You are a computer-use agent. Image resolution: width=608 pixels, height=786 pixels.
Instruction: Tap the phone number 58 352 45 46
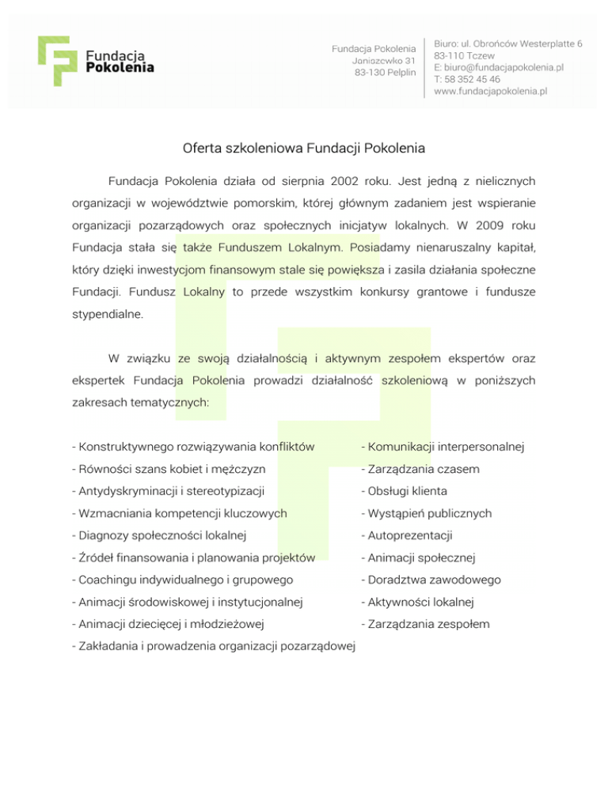(473, 79)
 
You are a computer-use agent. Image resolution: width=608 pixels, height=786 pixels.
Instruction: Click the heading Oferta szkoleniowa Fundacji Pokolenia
(304, 148)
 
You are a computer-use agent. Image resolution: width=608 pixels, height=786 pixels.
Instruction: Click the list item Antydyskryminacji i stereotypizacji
(173, 491)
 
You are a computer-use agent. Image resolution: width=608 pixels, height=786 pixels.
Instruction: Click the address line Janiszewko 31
(384, 61)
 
